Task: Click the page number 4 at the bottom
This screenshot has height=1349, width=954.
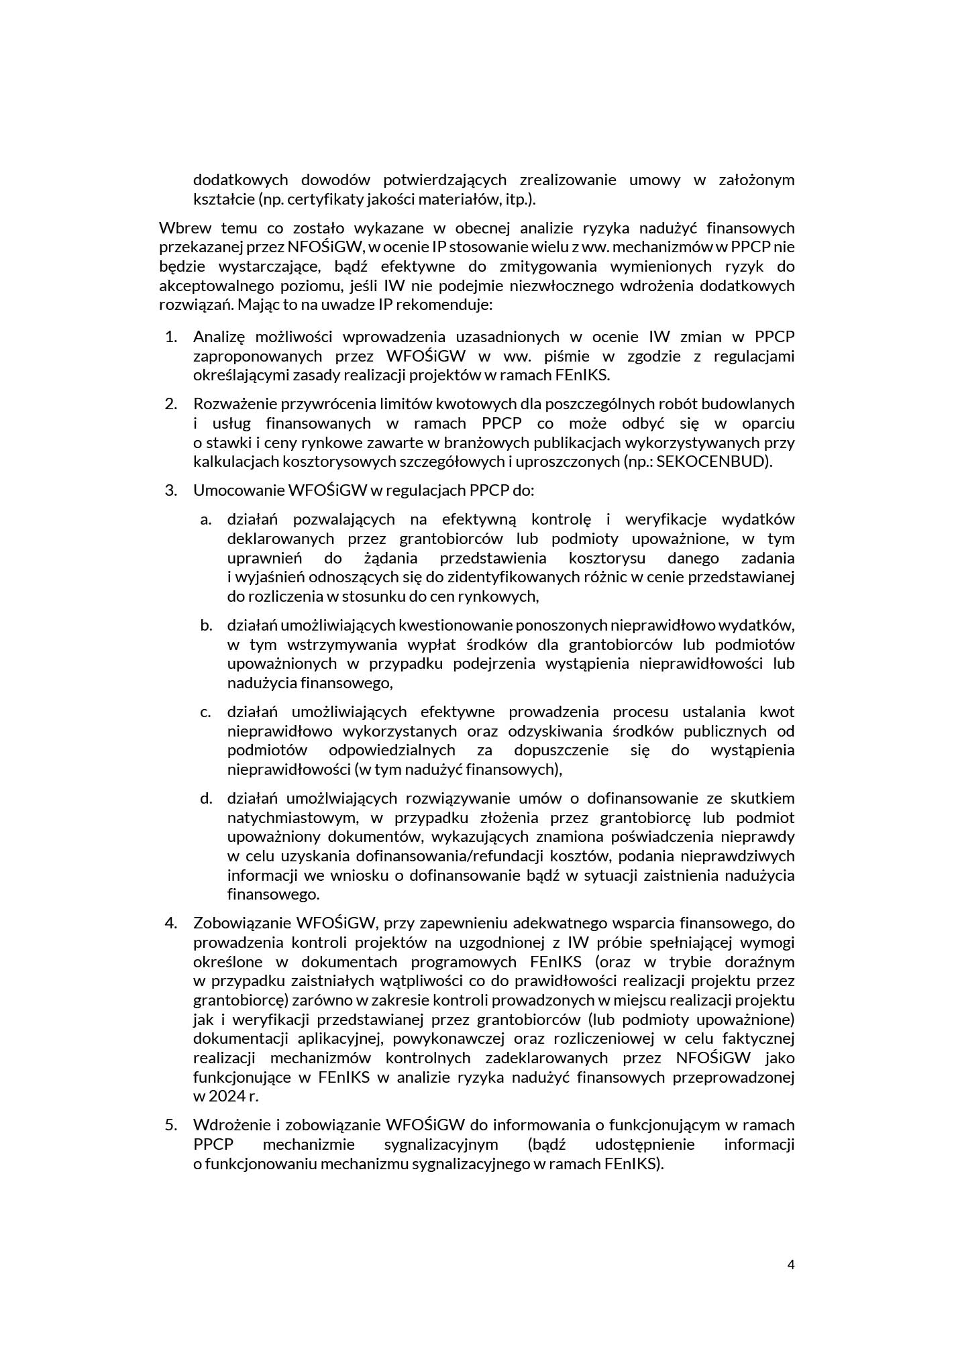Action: [790, 1264]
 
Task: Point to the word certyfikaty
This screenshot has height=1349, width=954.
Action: [315, 199]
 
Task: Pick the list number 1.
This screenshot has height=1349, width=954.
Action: [170, 337]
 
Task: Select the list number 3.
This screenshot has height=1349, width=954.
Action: [170, 490]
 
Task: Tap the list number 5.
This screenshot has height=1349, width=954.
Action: [170, 1124]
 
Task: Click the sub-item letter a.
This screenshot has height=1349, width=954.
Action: [205, 519]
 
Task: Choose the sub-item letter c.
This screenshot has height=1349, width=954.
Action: [205, 712]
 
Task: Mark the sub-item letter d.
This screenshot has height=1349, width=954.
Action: [205, 798]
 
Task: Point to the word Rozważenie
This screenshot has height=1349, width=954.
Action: [234, 404]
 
